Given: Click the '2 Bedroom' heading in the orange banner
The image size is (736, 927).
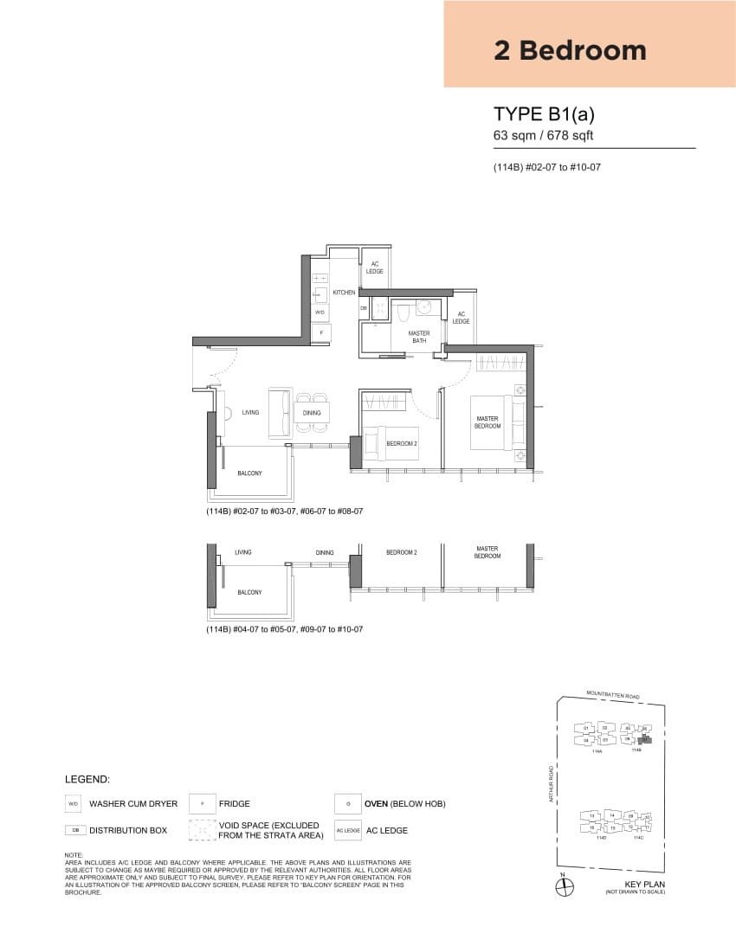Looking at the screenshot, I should (570, 50).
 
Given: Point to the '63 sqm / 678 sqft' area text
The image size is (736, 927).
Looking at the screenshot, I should (543, 135).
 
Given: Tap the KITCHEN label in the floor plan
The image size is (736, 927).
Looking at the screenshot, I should (344, 293).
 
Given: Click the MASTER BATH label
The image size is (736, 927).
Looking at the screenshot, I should (419, 337).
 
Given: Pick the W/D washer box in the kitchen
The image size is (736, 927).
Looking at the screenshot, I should (320, 312).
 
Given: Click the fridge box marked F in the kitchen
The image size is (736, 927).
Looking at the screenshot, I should (320, 332).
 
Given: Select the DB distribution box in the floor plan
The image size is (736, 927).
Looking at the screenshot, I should (364, 307).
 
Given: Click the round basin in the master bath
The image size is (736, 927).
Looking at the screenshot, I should (425, 308).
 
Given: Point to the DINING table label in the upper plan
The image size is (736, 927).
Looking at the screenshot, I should (312, 413).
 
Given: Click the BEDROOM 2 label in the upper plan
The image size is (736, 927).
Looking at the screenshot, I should (402, 443).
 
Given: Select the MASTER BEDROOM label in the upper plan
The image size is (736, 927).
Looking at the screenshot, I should (487, 422).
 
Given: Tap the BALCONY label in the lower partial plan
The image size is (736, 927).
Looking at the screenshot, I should (249, 593).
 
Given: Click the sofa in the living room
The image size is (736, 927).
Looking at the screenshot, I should (280, 413).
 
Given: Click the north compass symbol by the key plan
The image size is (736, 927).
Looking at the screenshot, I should (563, 885).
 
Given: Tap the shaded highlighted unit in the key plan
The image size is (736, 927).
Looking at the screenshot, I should (643, 739).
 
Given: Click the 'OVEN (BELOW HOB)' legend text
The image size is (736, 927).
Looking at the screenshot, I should (404, 804).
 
